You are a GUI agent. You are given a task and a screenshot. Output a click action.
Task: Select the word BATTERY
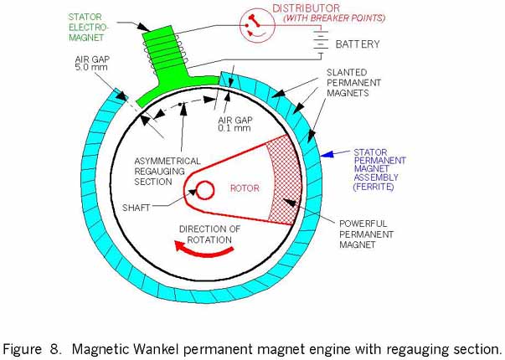coord(358,44)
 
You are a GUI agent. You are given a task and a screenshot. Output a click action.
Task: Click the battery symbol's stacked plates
coord(320,44)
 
